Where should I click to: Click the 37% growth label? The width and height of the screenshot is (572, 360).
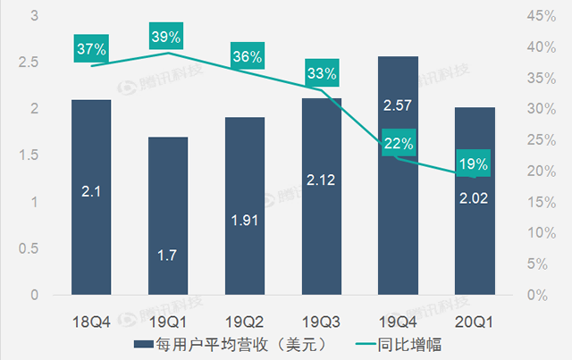tap(90, 48)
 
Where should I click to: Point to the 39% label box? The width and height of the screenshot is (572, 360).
tap(167, 37)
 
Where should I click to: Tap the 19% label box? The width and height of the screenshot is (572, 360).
tap(474, 163)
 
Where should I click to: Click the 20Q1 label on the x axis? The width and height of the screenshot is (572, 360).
tap(474, 319)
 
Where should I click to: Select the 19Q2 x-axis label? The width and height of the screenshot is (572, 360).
tap(244, 319)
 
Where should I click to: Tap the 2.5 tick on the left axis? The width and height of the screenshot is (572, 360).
tap(34, 63)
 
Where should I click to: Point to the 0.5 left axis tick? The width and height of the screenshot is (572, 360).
tap(34, 248)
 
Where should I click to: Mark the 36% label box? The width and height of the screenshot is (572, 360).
tap(245, 56)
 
